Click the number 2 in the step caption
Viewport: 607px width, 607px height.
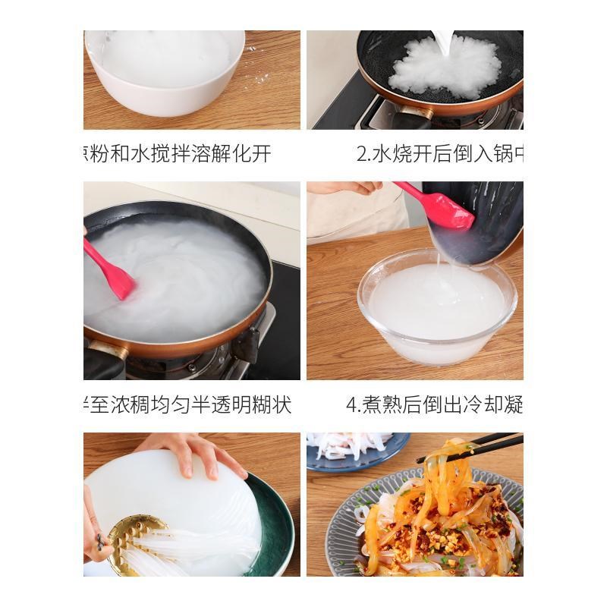[363, 154]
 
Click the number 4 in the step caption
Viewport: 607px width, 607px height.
[352, 404]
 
